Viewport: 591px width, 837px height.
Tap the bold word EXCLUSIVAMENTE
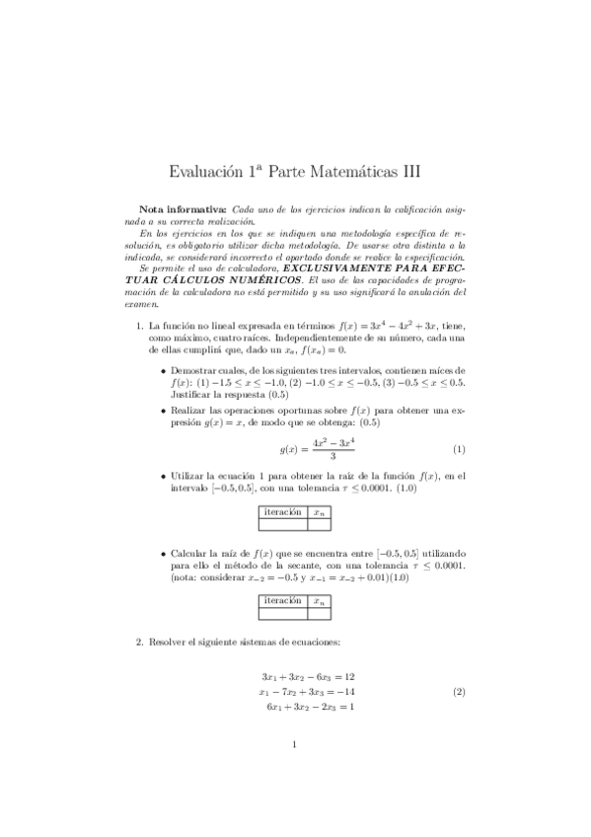(327, 268)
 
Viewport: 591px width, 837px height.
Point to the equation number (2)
(459, 692)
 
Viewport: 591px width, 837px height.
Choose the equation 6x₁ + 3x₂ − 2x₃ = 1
(310, 707)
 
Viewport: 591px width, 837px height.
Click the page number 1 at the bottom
(295, 773)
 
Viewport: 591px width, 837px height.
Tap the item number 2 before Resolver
(139, 643)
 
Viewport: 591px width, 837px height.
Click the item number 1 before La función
(139, 325)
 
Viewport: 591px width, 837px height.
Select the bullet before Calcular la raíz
(163, 554)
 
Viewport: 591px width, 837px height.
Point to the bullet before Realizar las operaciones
(163, 409)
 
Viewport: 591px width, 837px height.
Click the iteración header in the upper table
(282, 511)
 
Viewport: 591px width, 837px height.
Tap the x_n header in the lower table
(319, 600)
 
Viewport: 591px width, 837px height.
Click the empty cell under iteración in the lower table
(282, 613)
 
